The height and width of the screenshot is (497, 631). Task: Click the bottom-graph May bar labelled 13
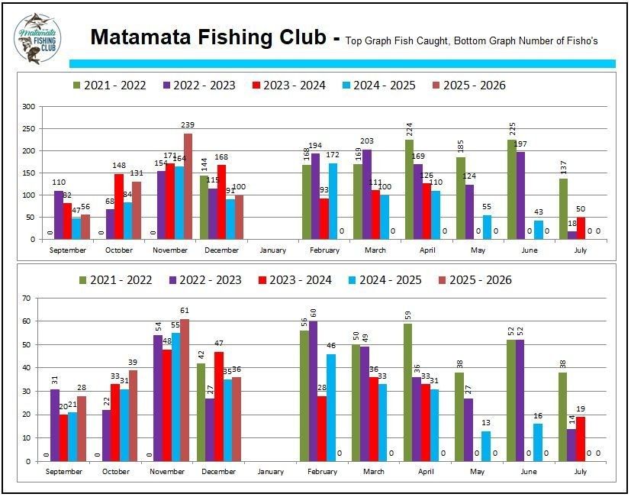(x=487, y=446)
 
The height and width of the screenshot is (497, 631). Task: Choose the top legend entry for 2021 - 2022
(x=110, y=86)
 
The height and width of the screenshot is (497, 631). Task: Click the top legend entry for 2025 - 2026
(x=469, y=86)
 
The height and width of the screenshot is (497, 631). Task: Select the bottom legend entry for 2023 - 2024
(x=290, y=280)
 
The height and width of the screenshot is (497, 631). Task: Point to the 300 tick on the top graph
(x=28, y=108)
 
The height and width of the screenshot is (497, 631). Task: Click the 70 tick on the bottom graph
(x=30, y=297)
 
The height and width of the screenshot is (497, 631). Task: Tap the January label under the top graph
(x=272, y=250)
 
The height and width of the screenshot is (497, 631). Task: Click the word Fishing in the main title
(x=228, y=37)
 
